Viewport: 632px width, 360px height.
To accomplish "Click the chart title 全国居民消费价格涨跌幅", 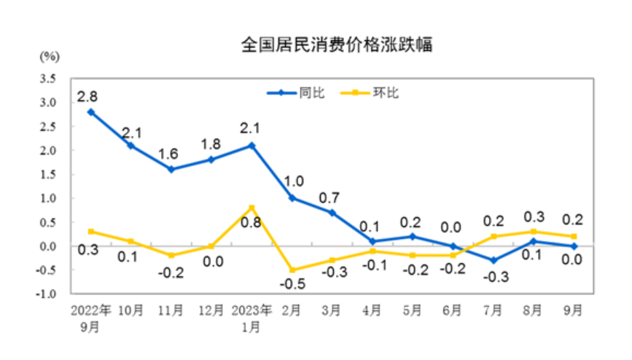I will [337, 45].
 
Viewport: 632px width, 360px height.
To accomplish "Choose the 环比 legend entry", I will [374, 93].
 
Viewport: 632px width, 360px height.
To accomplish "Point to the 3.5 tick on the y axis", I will [49, 78].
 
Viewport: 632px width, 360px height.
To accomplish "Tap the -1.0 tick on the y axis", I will [47, 294].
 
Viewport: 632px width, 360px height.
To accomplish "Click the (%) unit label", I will [50, 55].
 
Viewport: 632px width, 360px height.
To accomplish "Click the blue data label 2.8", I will [89, 95].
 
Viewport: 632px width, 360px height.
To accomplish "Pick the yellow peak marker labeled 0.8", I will [251, 208].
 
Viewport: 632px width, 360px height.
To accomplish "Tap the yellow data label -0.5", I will [292, 286].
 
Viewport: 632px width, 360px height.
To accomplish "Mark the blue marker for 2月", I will [292, 197].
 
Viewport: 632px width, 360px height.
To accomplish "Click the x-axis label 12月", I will [211, 310].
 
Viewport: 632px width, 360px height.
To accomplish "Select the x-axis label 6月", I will [452, 310].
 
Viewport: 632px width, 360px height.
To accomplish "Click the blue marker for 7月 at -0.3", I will [492, 260].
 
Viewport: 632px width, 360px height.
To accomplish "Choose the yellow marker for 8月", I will [532, 232].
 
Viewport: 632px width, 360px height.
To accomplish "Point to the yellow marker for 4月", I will [372, 251].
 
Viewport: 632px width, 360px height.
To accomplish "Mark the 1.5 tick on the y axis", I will [49, 174].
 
